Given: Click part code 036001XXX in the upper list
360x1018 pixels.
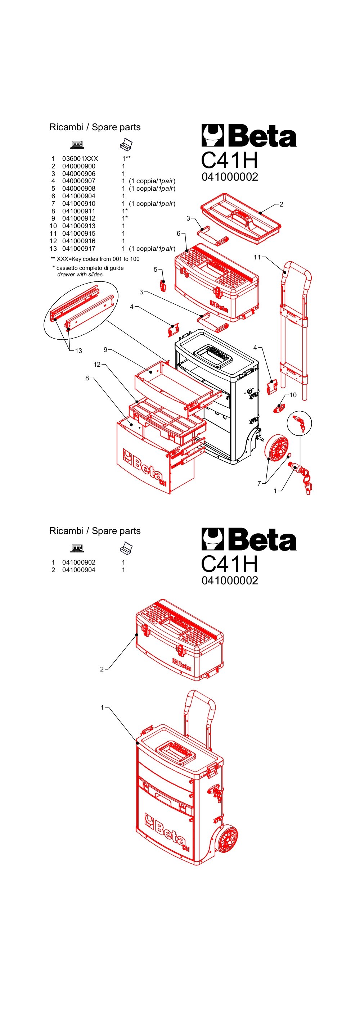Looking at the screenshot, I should tap(80, 158).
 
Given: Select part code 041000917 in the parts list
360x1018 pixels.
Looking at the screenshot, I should tap(78, 249).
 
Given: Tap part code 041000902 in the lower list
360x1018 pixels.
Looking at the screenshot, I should tap(78, 562).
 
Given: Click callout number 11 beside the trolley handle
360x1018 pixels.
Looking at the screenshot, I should tap(257, 257).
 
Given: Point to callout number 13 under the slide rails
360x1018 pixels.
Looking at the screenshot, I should tap(78, 350).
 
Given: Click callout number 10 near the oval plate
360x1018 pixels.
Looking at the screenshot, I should tap(293, 395).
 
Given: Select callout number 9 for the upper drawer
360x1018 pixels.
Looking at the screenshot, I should tap(105, 349).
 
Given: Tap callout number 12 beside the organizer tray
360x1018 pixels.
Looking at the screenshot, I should tap(97, 365).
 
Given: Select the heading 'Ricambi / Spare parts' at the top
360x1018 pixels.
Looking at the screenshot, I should tap(95, 127).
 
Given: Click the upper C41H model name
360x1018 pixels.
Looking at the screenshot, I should tap(229, 160).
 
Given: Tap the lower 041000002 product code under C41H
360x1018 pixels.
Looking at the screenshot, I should tap(230, 580).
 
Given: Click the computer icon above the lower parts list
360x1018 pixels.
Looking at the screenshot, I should tap(77, 548).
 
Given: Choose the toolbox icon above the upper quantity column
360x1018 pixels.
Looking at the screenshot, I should tap(126, 145).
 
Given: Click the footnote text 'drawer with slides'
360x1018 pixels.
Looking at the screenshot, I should tap(80, 275).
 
